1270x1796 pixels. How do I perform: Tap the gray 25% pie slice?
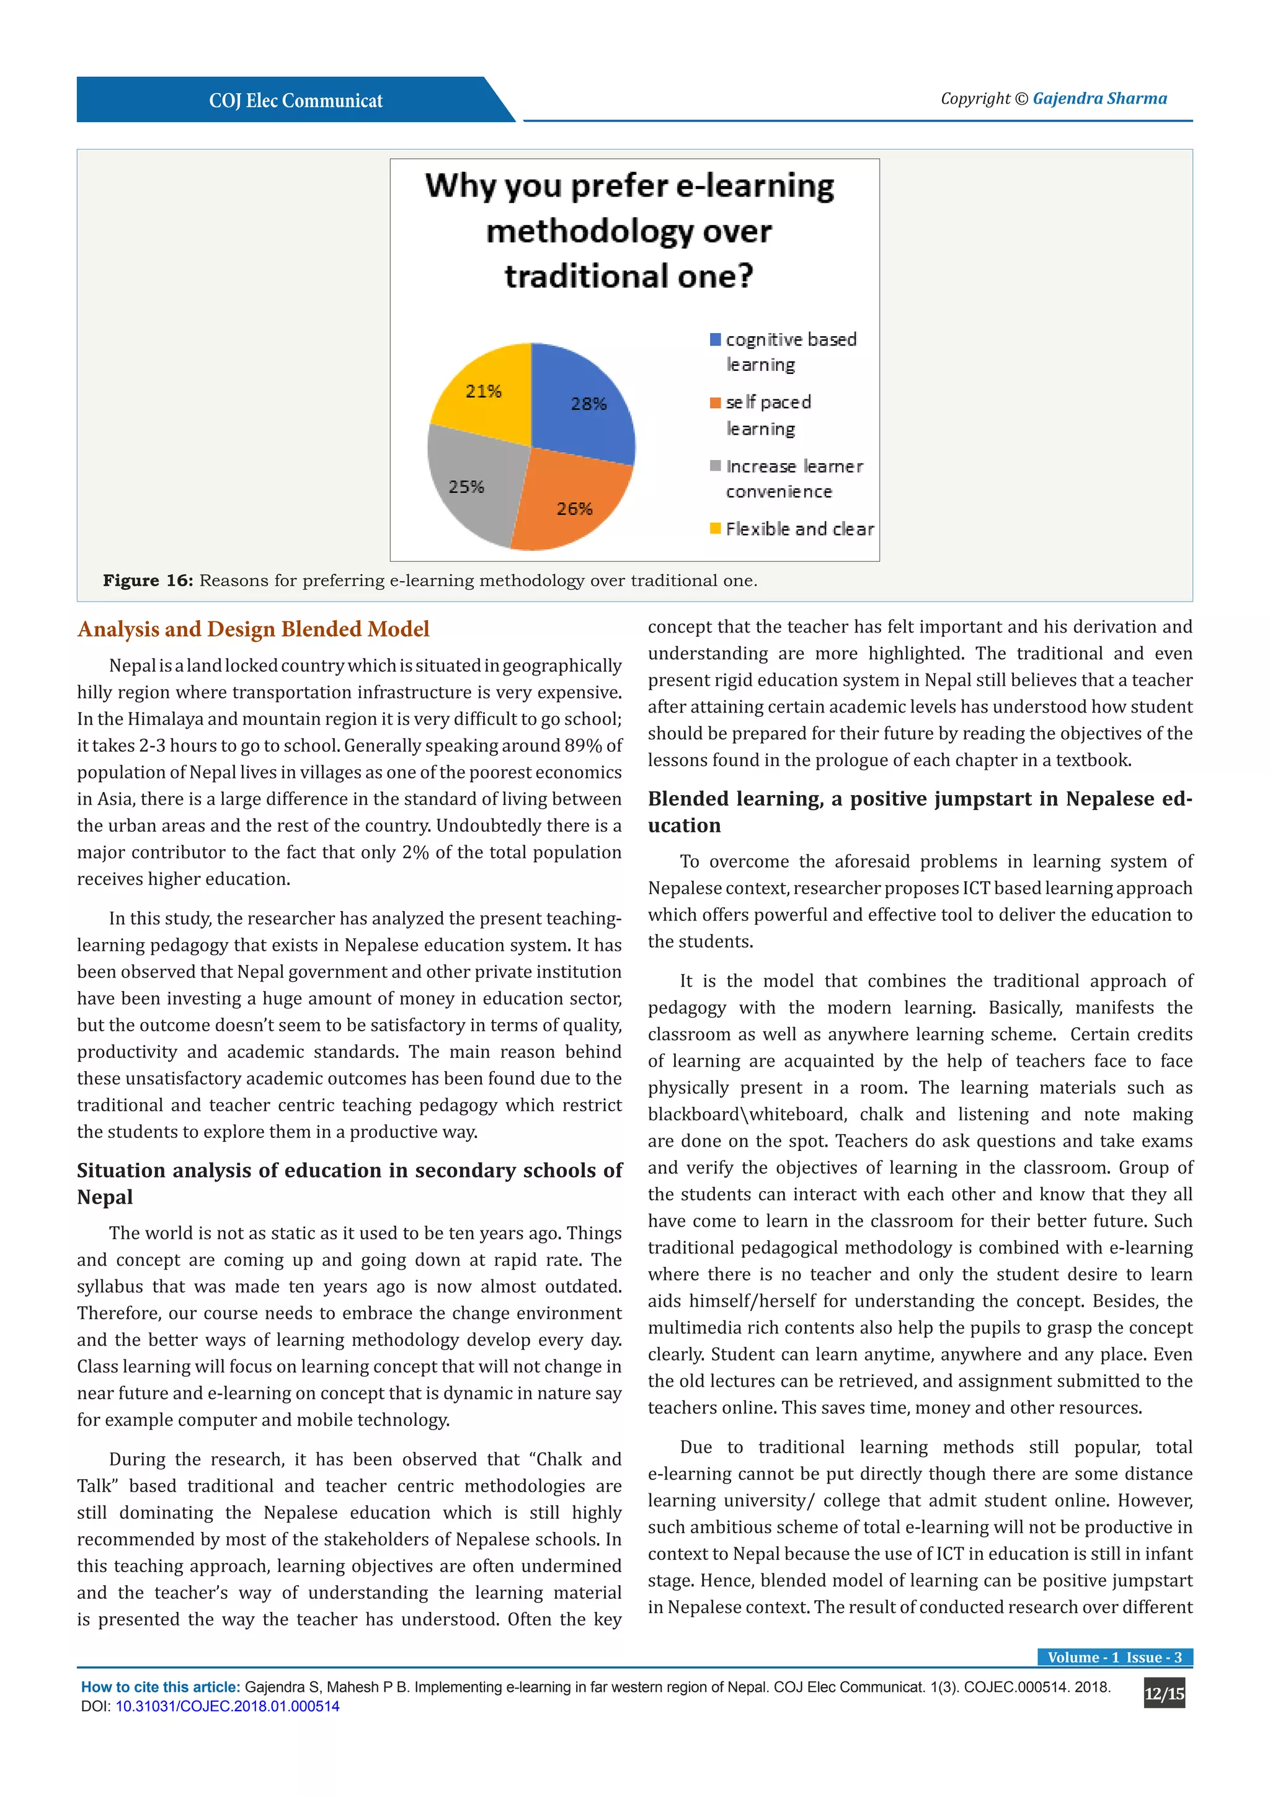click(x=473, y=485)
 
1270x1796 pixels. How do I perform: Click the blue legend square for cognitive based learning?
click(x=715, y=339)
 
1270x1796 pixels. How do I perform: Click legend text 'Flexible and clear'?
click(x=799, y=530)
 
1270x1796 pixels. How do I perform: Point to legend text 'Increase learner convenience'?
click(x=793, y=479)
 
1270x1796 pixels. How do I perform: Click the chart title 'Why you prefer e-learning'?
click(x=629, y=186)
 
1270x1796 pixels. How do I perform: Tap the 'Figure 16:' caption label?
click(x=147, y=580)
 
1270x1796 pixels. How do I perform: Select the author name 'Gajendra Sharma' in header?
click(x=1099, y=99)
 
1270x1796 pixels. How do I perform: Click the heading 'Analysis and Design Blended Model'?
click(x=254, y=629)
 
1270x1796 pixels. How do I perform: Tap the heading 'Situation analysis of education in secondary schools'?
click(x=349, y=1171)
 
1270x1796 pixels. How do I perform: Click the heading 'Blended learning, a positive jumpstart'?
click(x=919, y=799)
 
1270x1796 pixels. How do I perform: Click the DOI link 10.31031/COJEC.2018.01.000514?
click(x=228, y=1706)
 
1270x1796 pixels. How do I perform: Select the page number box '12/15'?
click(x=1163, y=1694)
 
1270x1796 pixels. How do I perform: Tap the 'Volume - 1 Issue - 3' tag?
click(x=1114, y=1656)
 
